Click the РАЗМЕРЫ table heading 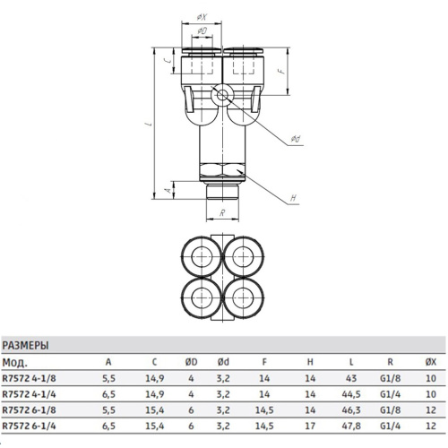[x=25, y=346]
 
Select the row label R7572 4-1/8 [x=30, y=378]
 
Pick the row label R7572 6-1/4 [x=30, y=426]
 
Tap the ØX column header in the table [x=431, y=362]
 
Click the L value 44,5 [x=351, y=394]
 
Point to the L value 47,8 [x=351, y=426]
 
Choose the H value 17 [x=310, y=426]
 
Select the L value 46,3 [x=351, y=410]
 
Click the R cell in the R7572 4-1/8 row [x=391, y=378]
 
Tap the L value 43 [x=351, y=378]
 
